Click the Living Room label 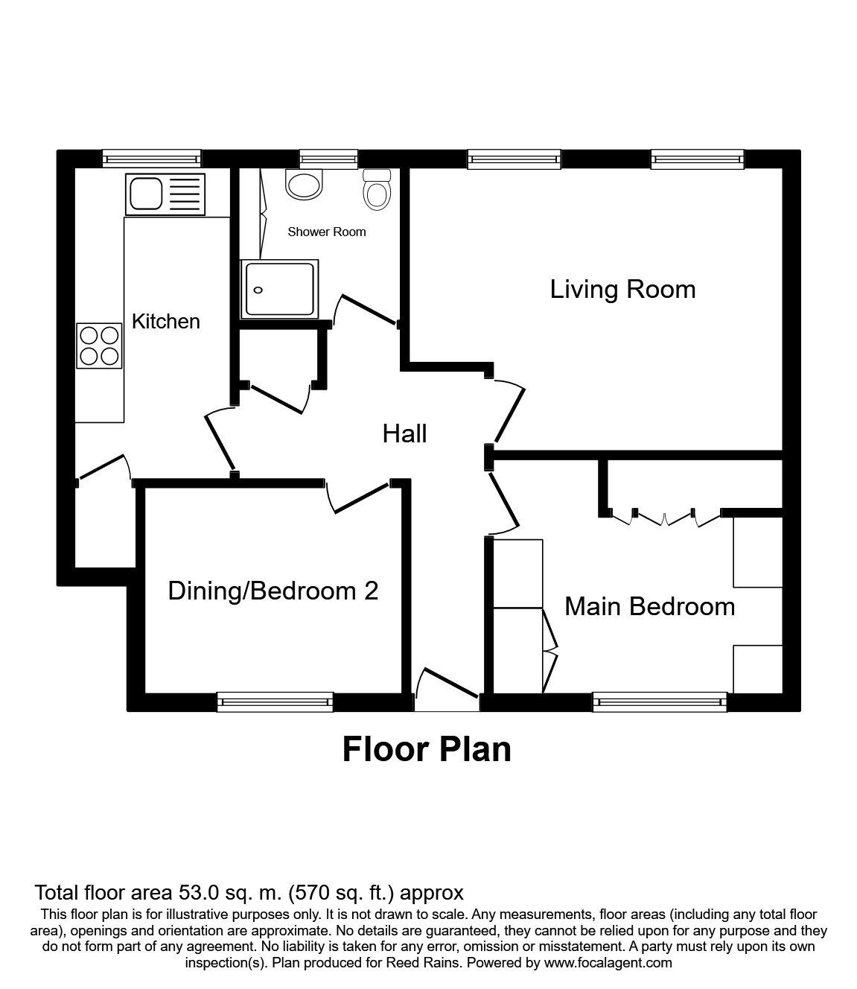click(622, 290)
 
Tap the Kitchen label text click(165, 321)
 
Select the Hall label click(404, 434)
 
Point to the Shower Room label click(327, 232)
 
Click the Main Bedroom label click(649, 606)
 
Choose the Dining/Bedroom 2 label click(273, 591)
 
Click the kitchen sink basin click(145, 194)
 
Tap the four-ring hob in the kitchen click(99, 346)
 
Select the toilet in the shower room click(377, 189)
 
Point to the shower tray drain click(258, 290)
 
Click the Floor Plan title click(427, 750)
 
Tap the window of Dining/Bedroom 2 click(275, 702)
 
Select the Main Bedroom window click(660, 702)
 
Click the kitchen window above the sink click(152, 159)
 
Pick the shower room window click(329, 159)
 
